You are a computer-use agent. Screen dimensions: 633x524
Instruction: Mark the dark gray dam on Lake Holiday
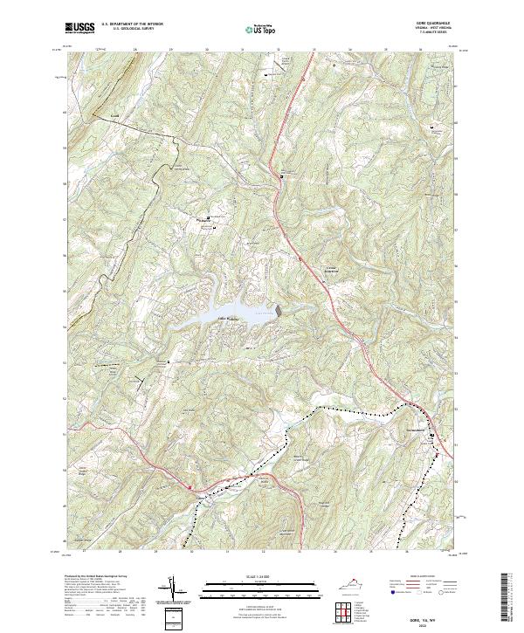[x=279, y=310]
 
